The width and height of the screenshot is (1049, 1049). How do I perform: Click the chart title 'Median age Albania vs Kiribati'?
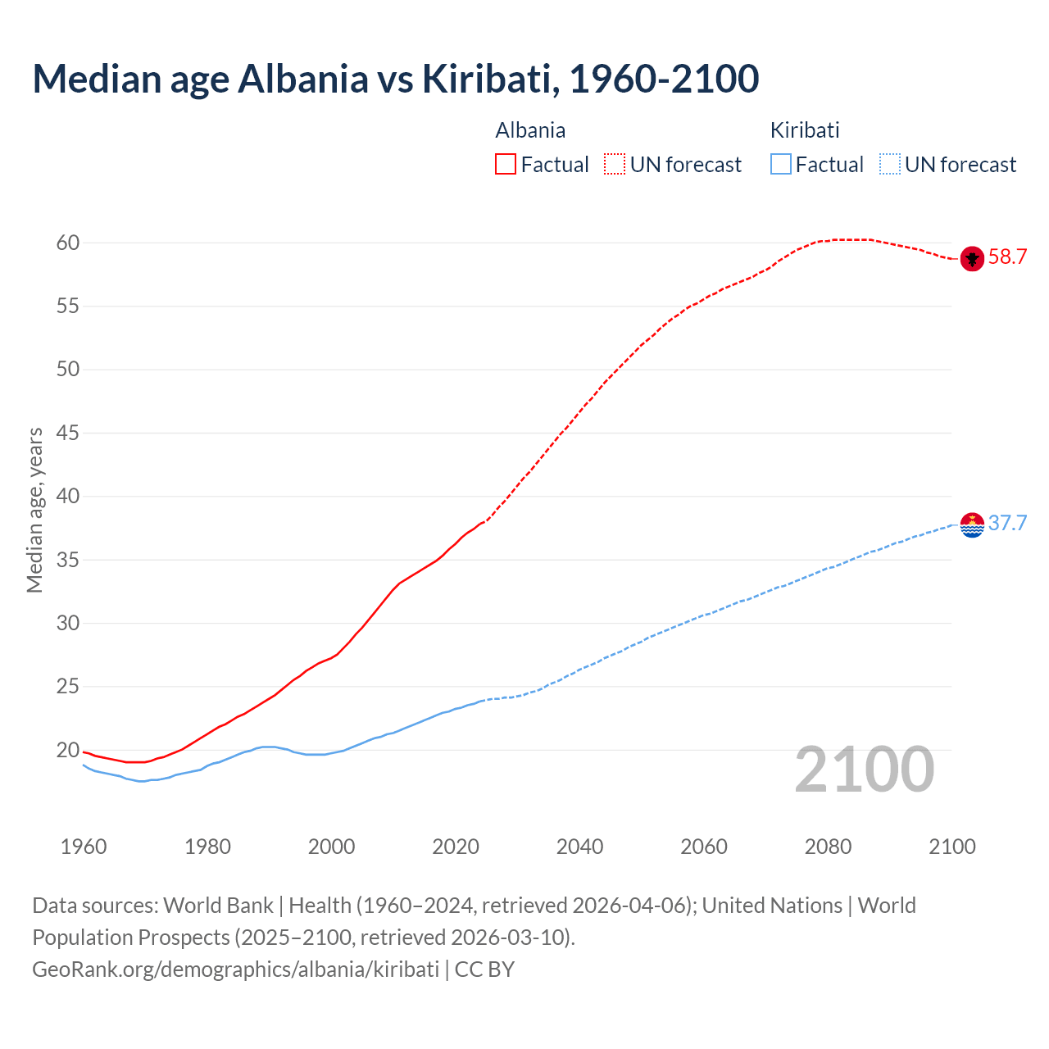coord(395,79)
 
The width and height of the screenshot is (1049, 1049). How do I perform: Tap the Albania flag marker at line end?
coord(971,258)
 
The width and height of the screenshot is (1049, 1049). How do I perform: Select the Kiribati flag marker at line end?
coord(971,524)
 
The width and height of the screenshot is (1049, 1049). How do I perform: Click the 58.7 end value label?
coord(1007,257)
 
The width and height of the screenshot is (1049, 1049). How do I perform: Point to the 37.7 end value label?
coord(1007,524)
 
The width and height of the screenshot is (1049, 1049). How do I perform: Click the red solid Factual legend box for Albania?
coord(506,165)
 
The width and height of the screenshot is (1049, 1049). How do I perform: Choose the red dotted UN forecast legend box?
coord(615,165)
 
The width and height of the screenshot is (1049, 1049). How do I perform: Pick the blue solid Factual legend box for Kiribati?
coord(780,165)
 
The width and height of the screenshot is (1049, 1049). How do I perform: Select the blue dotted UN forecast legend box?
coord(889,165)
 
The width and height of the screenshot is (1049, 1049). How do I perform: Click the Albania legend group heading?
coord(530,130)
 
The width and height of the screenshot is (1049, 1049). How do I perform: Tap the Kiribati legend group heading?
coord(805,130)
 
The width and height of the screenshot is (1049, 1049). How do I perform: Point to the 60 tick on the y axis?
coord(68,243)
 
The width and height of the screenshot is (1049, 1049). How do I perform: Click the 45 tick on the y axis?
coord(68,434)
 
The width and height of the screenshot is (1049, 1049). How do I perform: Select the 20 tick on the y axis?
coord(68,750)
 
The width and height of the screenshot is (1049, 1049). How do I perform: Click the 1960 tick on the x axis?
coord(84,847)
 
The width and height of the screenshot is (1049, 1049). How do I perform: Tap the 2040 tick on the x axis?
coord(579,847)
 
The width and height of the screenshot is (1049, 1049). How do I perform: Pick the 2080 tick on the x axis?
coord(828,847)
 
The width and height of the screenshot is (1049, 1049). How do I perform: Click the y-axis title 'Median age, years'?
coord(34,510)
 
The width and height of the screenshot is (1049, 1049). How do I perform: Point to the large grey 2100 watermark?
coord(864,770)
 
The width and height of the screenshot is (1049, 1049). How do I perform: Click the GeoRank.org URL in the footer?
coord(235,970)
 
